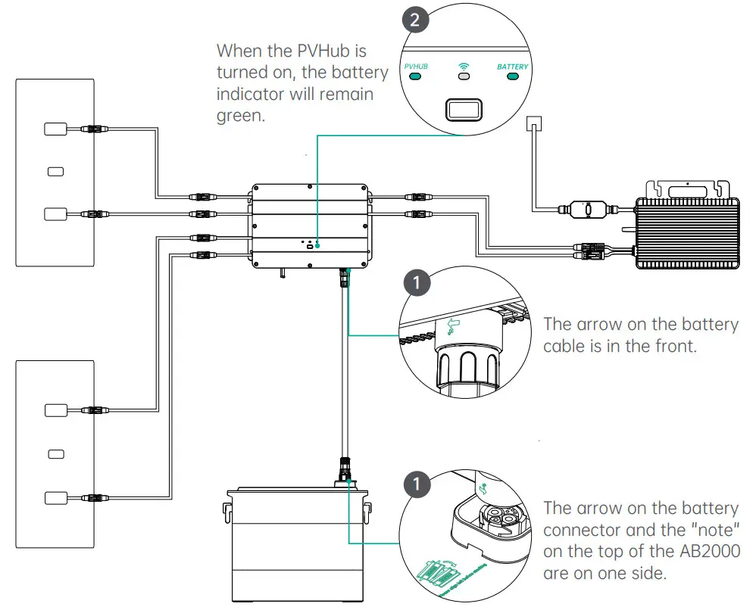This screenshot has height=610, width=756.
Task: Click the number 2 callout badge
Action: click(414, 20)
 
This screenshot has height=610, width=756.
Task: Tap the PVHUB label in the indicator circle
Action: click(417, 67)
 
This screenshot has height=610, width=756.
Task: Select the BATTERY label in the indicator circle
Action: click(513, 67)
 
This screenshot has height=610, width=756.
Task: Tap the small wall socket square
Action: click(535, 123)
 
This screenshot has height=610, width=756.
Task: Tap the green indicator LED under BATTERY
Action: click(513, 76)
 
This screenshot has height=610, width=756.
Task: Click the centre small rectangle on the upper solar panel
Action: click(55, 171)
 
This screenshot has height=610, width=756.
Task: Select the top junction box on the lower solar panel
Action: click(55, 411)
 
